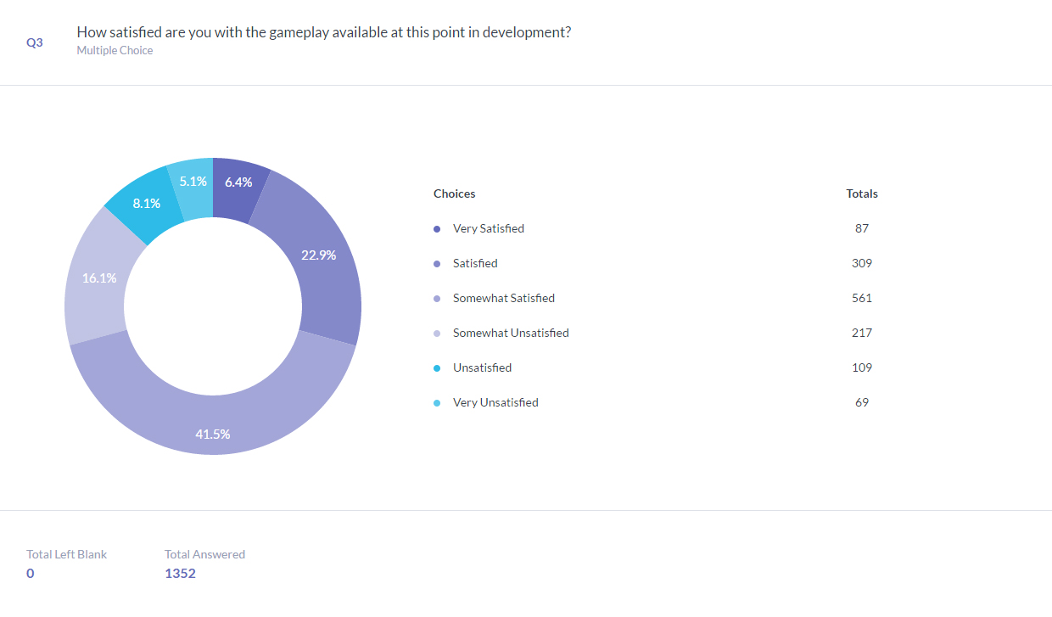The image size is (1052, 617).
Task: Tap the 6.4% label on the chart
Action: click(238, 182)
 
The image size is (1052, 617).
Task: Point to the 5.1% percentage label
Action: click(193, 182)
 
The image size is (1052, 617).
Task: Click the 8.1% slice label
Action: click(147, 204)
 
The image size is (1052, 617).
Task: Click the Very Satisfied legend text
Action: click(489, 229)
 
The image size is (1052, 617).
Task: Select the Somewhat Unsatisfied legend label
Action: click(511, 334)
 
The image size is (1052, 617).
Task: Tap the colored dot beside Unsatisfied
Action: click(437, 368)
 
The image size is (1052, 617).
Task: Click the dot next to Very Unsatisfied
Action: click(437, 403)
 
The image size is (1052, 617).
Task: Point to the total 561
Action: click(862, 299)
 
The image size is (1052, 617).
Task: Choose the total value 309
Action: click(862, 264)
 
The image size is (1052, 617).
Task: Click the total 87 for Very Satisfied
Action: click(862, 229)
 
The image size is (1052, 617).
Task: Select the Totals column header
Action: click(862, 194)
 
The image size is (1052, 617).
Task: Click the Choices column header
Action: click(454, 194)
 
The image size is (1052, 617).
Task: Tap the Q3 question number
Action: click(34, 42)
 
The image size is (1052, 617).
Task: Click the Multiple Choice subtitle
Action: click(115, 50)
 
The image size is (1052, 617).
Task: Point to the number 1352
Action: click(180, 574)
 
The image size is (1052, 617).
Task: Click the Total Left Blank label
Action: click(67, 554)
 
